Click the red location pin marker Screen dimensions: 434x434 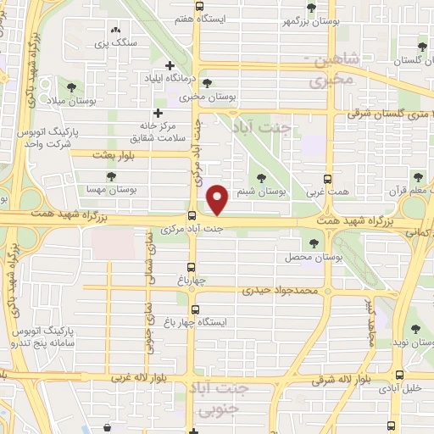point(218,198)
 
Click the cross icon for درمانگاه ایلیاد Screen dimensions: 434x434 point(170,65)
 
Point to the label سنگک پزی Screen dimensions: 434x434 point(112,42)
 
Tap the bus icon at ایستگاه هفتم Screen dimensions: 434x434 point(199,6)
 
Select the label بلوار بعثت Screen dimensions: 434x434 point(114,154)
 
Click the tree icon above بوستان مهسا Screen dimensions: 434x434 point(111,175)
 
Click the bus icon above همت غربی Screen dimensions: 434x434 point(330,179)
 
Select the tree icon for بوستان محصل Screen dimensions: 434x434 point(314,242)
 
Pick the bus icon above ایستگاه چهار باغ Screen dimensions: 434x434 point(197,309)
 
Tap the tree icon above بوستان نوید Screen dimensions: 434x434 point(415,328)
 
